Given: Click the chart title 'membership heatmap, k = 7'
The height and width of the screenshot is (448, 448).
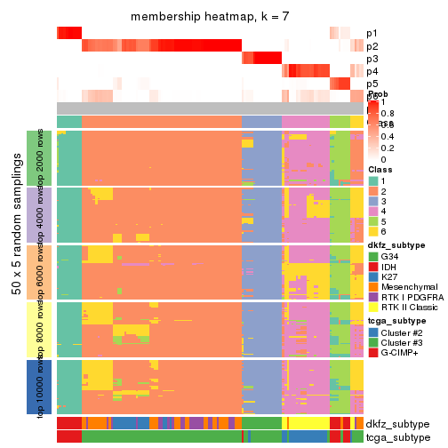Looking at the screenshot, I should tap(210, 17).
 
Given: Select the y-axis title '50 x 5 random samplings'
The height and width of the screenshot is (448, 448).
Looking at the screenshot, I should tap(16, 271).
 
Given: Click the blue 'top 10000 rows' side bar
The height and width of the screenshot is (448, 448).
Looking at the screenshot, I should tap(33, 386).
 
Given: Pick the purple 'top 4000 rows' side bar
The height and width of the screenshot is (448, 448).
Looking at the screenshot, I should tap(33, 214).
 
